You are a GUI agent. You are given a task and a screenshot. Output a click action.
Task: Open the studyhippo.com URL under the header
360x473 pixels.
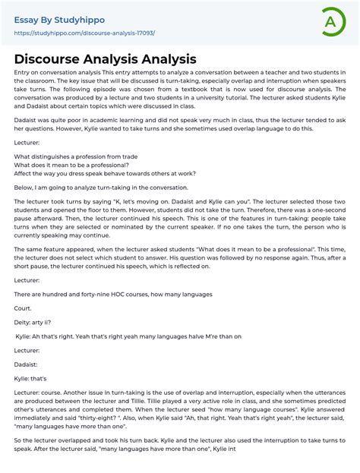(84, 33)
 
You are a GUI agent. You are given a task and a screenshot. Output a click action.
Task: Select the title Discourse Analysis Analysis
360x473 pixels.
(105, 58)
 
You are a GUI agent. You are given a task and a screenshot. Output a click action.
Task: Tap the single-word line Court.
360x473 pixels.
(23, 308)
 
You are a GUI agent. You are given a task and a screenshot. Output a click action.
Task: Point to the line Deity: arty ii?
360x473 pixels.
(34, 322)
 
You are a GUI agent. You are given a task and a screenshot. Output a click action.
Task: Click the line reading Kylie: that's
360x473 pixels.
(30, 377)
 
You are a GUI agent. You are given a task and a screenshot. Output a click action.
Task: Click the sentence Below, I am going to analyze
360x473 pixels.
(100, 187)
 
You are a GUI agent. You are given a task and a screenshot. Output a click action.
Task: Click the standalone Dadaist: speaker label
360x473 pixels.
(28, 364)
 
